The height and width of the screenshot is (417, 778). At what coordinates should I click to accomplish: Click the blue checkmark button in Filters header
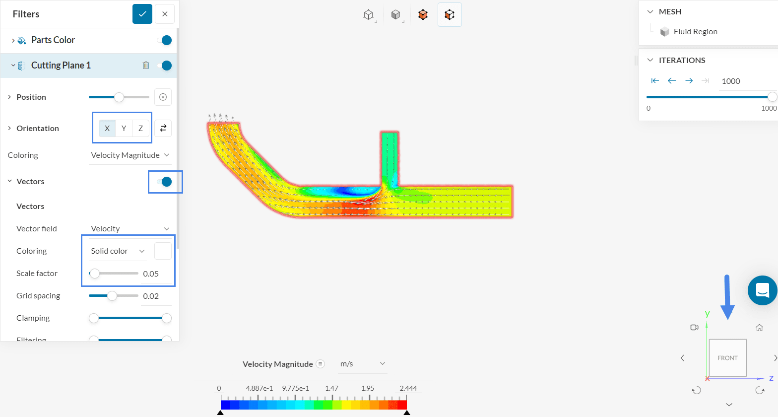142,14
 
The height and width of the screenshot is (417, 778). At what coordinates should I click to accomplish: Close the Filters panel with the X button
165,14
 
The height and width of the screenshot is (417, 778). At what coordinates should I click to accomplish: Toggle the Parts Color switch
164,40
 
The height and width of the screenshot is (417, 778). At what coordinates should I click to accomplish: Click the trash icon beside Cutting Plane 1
146,66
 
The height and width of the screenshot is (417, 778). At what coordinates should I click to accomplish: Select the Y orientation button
124,129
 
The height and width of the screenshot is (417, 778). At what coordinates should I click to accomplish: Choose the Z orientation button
141,129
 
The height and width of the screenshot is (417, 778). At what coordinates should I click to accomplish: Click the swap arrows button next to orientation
163,129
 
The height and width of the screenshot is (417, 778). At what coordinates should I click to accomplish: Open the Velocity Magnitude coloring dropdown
130,155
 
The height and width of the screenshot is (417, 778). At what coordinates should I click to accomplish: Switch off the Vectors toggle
164,182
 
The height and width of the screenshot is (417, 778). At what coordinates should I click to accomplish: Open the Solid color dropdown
118,251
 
